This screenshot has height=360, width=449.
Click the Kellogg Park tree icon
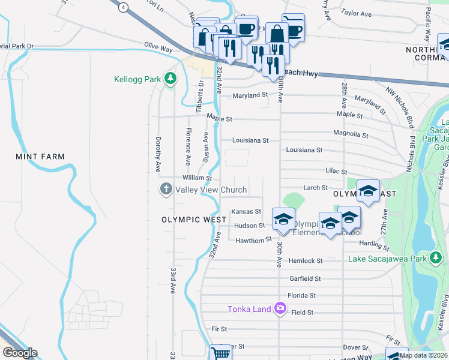pos(170,78)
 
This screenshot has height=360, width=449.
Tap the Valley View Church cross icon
pos(166,190)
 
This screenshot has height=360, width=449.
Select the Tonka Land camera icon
pos(280,309)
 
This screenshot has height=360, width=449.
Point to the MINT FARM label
pos(40,157)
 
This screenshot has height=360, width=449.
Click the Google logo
pos(19,353)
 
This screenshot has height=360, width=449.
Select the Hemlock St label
pos(306,261)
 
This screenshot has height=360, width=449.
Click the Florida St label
pos(301,295)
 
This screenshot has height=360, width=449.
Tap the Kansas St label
pos(246,211)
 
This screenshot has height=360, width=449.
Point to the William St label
pos(197,178)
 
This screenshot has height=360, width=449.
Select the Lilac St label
pos(336,172)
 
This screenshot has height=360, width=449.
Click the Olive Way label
pos(158,46)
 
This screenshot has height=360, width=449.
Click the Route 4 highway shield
pos(123,7)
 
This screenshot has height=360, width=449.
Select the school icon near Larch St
pos(368,191)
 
